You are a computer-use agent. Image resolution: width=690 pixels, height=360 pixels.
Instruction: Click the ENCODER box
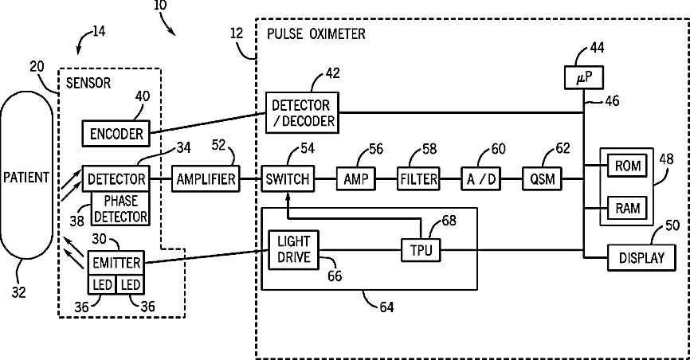116,133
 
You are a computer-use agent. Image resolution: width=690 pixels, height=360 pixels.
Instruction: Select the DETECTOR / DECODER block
302,112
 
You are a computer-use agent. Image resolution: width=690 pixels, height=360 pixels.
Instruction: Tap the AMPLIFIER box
206,178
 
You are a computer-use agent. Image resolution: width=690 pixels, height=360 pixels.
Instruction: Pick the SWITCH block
288,178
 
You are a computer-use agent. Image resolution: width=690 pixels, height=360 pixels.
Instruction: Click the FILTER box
418,178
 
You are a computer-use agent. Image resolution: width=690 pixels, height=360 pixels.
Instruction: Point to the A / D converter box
480,178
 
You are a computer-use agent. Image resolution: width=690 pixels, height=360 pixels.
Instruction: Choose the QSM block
542,178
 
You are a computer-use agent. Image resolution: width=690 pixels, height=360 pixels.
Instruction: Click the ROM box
627,166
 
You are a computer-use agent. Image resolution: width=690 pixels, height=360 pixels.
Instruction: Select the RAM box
627,208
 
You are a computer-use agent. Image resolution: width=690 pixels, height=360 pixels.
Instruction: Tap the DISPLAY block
641,257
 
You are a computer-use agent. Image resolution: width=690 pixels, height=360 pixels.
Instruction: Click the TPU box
421,250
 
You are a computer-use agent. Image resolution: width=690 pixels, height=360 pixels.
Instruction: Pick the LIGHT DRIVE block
293,249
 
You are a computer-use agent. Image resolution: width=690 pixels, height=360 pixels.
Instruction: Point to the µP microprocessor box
584,77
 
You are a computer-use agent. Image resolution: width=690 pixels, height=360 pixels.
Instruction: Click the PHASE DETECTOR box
120,209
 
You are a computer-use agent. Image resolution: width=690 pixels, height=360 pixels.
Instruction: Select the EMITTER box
116,263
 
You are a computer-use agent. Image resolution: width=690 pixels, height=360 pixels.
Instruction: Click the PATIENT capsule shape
26,178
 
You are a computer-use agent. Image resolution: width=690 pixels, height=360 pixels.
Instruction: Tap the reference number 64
386,307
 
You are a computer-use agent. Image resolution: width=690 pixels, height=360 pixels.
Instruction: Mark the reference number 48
667,159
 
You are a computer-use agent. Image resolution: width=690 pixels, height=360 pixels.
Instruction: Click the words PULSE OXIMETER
316,34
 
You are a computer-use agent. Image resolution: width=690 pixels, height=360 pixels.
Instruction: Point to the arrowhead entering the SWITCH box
288,196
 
